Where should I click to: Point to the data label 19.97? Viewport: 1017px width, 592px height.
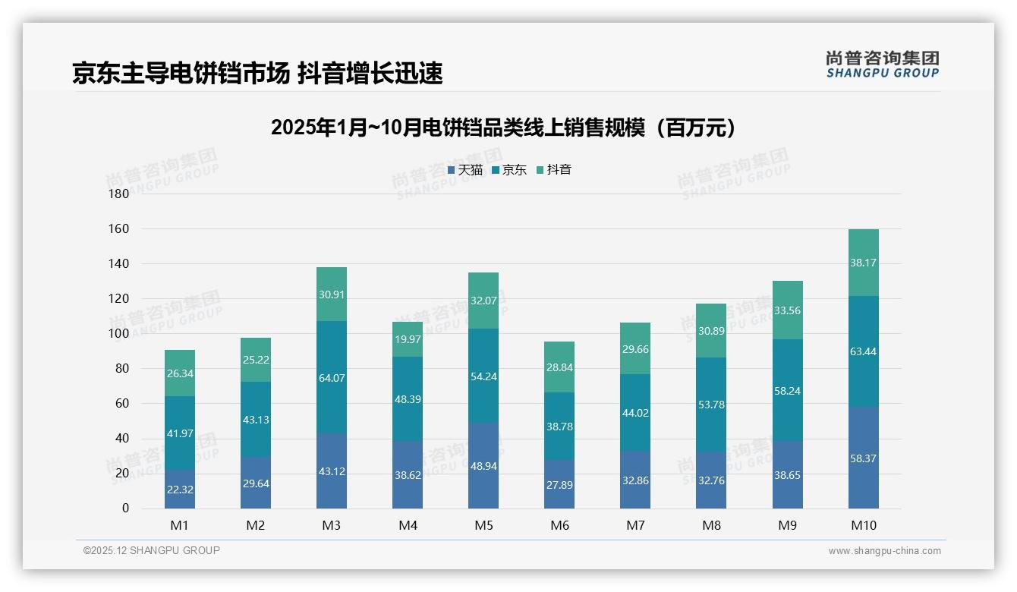pyautogui.click(x=408, y=339)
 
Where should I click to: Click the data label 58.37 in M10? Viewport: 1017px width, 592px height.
pyautogui.click(x=863, y=458)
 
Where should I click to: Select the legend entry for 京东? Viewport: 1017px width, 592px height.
pyautogui.click(x=509, y=169)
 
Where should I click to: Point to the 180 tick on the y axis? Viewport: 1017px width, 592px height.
pyautogui.click(x=119, y=194)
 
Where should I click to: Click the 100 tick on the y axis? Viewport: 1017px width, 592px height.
pyautogui.click(x=119, y=333)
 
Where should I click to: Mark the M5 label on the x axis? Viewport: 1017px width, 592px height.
pyautogui.click(x=483, y=525)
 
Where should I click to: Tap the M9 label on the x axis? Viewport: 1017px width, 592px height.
pyautogui.click(x=787, y=525)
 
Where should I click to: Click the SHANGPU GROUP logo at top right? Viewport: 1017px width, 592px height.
pyautogui.click(x=882, y=65)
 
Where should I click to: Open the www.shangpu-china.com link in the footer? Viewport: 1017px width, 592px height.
pyautogui.click(x=884, y=551)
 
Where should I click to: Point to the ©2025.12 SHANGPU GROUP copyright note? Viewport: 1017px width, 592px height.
pyautogui.click(x=151, y=550)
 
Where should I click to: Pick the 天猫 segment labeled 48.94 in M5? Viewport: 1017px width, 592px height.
pyautogui.click(x=483, y=465)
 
